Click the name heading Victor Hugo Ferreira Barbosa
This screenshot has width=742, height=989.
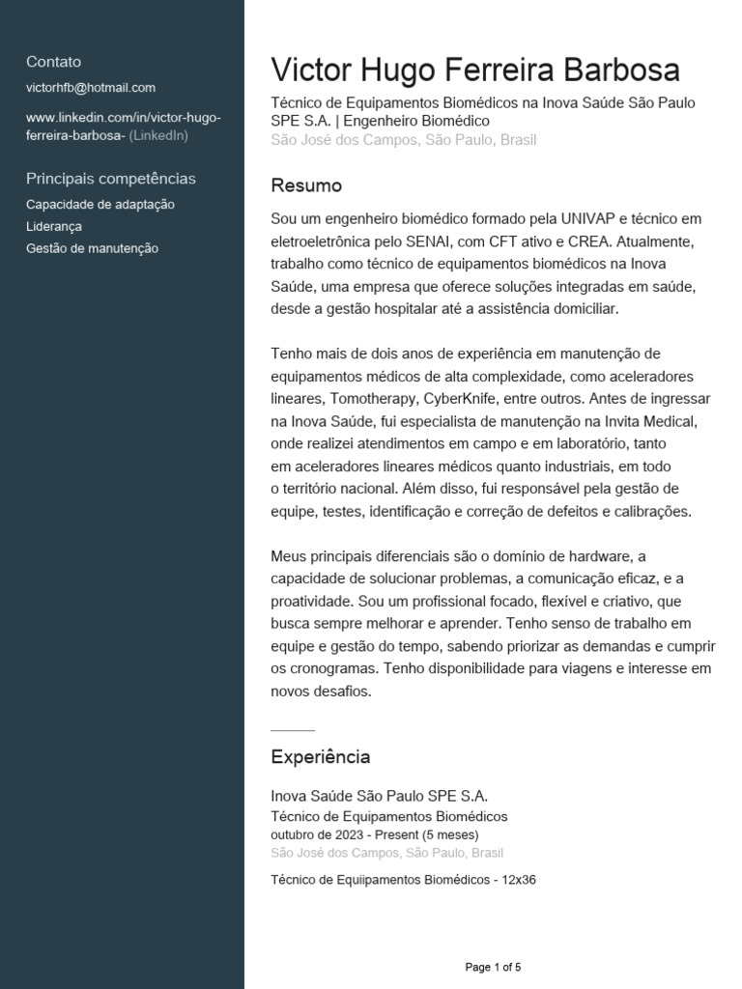[x=475, y=71]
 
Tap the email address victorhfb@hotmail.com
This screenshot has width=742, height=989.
[x=91, y=88]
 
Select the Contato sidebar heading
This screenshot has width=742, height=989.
[x=54, y=62]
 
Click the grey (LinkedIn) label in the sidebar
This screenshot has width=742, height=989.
[x=158, y=135]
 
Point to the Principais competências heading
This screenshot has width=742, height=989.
[x=111, y=179]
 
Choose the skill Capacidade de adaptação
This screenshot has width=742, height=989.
[x=100, y=205]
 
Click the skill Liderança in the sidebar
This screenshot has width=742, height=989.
[x=54, y=227]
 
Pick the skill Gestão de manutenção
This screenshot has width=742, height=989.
[x=93, y=248]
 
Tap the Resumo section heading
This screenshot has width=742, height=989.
[x=306, y=185]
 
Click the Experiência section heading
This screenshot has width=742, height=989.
[x=320, y=756]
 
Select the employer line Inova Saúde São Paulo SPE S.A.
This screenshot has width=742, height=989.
[x=380, y=796]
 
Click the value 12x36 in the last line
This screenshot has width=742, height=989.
[x=519, y=880]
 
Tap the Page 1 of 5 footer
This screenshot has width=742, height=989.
[x=493, y=967]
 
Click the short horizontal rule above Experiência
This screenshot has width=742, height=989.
[x=293, y=729]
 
